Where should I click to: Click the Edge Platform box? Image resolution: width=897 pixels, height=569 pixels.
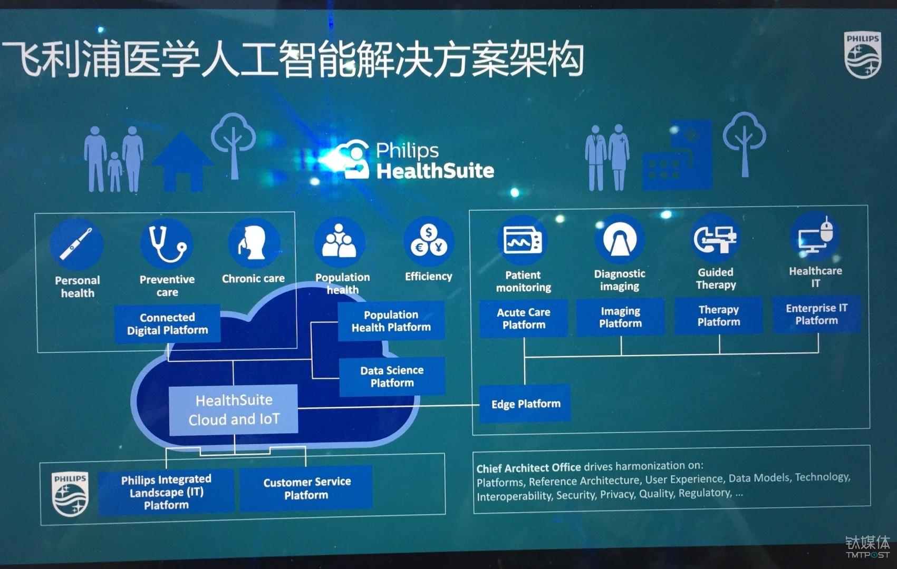click(x=525, y=404)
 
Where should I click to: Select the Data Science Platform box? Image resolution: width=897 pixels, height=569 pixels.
click(x=392, y=376)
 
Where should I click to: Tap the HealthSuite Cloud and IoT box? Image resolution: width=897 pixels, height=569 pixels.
click(x=234, y=410)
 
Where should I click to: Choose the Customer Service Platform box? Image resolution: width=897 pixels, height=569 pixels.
click(x=306, y=488)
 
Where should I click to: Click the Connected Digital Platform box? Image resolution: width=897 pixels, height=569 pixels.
click(x=167, y=323)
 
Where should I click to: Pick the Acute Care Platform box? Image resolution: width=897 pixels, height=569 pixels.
click(x=524, y=318)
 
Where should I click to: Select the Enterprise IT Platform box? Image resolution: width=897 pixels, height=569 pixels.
click(x=816, y=315)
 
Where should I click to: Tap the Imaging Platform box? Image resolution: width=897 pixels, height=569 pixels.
click(x=620, y=317)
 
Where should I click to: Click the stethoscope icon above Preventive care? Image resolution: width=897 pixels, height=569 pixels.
click(x=167, y=244)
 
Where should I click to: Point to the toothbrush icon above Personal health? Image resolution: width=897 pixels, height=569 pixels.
click(x=76, y=244)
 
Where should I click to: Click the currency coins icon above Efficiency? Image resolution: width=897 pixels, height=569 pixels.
click(x=429, y=242)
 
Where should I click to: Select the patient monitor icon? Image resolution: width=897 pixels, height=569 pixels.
click(x=522, y=241)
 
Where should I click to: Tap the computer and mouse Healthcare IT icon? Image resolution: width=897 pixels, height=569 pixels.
click(x=815, y=237)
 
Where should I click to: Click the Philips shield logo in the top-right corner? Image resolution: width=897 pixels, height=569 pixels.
click(x=863, y=55)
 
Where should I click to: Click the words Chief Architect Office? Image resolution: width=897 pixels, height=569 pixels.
click(x=528, y=468)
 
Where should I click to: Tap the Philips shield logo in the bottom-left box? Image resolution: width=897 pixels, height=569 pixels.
click(x=70, y=494)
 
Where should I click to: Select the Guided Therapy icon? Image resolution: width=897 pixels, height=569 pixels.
click(x=715, y=239)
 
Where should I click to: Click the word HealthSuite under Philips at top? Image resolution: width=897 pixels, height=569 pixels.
click(x=435, y=171)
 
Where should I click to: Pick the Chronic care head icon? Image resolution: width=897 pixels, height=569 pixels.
click(x=253, y=243)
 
